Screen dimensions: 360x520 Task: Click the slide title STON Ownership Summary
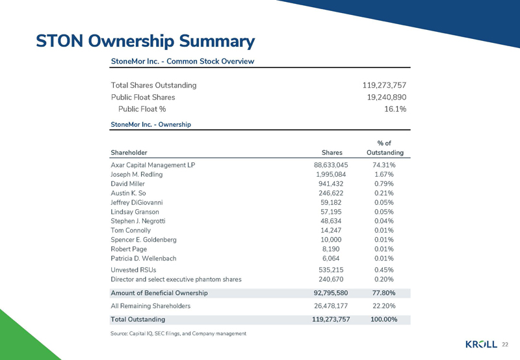point(144,41)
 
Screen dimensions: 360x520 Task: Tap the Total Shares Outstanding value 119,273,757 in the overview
point(384,85)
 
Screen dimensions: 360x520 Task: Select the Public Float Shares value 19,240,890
point(387,97)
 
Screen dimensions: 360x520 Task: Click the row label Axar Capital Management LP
point(153,165)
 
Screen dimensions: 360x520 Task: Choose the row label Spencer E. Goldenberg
point(148,240)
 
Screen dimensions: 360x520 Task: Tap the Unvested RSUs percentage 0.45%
point(385,269)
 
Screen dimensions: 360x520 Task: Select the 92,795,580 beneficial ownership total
point(331,293)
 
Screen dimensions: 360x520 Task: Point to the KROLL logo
point(481,344)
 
